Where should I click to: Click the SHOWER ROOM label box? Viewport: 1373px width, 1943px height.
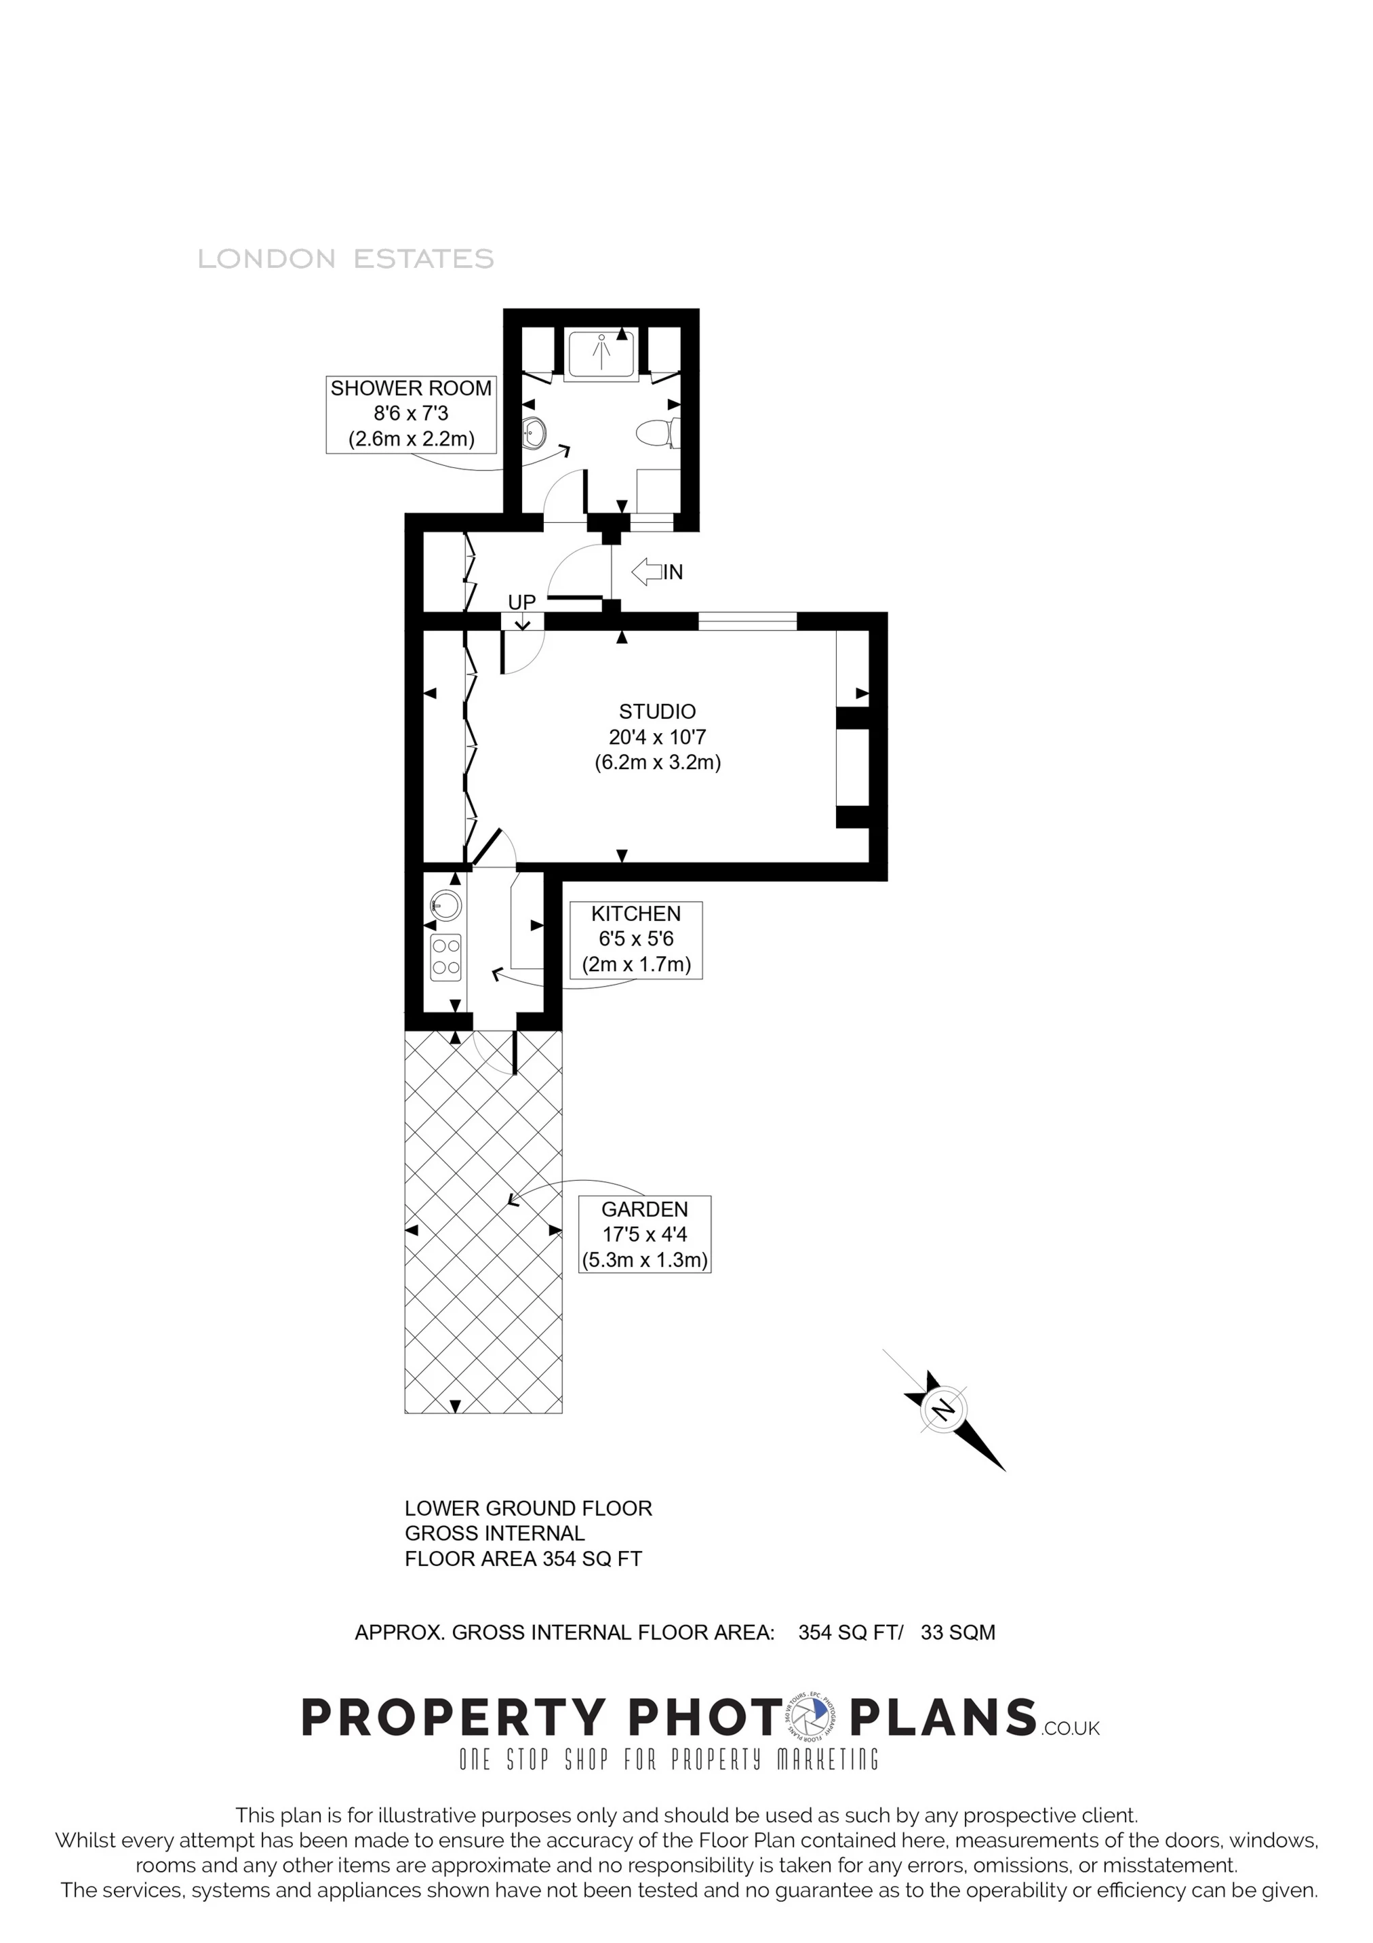(x=410, y=414)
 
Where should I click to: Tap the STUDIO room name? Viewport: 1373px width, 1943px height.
(x=657, y=711)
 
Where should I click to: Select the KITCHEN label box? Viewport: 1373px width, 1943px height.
(x=636, y=940)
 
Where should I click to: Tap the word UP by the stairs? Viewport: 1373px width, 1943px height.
(x=522, y=602)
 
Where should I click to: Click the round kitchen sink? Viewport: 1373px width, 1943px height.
(x=446, y=905)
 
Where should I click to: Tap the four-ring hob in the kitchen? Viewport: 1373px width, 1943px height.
(x=446, y=957)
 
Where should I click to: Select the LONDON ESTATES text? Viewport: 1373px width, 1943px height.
(x=345, y=259)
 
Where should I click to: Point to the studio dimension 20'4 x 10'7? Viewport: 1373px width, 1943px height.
(x=657, y=737)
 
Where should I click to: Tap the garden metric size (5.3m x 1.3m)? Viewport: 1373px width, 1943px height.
(x=645, y=1260)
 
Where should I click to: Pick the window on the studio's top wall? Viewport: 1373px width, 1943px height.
(x=747, y=622)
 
